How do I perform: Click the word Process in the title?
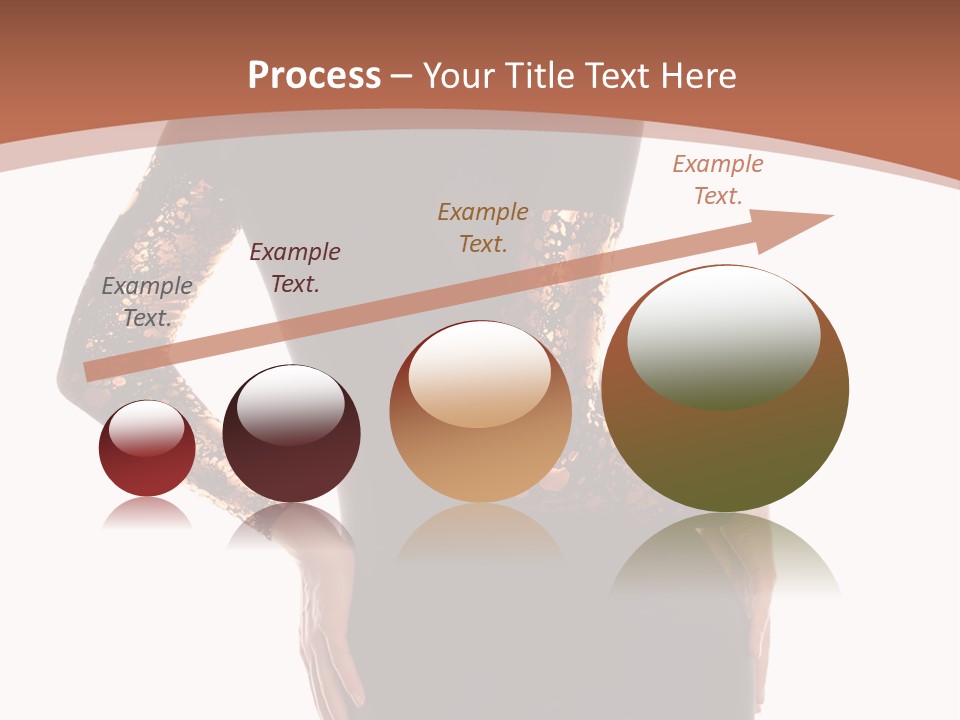(314, 76)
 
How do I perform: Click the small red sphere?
(147, 449)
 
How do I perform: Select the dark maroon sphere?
(291, 435)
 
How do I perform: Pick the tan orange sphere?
(480, 412)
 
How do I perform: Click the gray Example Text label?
(147, 302)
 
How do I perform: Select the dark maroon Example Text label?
(295, 268)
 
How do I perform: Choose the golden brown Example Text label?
(483, 227)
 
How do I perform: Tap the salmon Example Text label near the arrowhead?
(718, 180)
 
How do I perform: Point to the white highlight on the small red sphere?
(146, 428)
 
